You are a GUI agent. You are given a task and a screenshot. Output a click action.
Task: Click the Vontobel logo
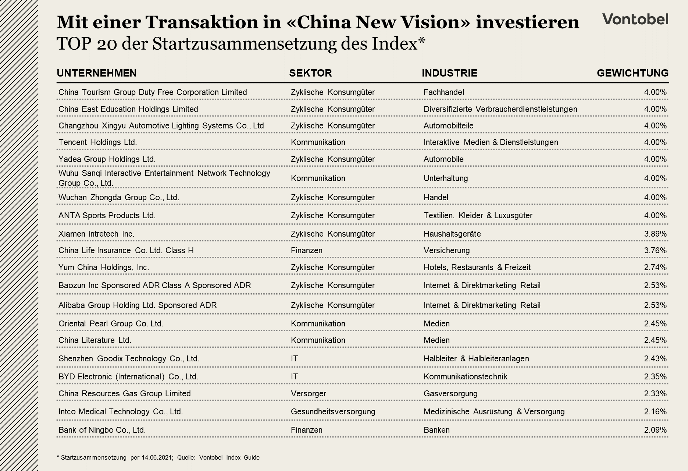pyautogui.click(x=635, y=19)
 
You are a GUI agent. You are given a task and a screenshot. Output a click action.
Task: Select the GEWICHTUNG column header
pyautogui.click(x=632, y=73)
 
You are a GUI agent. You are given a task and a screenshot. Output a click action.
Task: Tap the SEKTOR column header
pyautogui.click(x=310, y=73)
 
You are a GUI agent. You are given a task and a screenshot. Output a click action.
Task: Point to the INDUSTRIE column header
pyautogui.click(x=449, y=73)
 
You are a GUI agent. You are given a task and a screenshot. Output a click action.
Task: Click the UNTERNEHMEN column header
pyautogui.click(x=97, y=73)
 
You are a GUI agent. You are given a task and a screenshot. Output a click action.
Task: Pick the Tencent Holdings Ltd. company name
pyautogui.click(x=97, y=142)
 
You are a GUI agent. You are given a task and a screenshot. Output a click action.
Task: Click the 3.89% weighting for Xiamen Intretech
pyautogui.click(x=655, y=234)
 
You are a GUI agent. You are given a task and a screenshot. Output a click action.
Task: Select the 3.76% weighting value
pyautogui.click(x=655, y=251)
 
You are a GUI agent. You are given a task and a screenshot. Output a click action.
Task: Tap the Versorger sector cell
pyautogui.click(x=308, y=394)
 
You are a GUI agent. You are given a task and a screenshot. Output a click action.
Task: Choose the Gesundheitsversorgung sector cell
pyautogui.click(x=333, y=412)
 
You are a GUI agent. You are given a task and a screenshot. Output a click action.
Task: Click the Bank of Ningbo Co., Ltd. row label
pyautogui.click(x=102, y=430)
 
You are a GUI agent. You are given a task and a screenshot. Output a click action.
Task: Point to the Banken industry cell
pyautogui.click(x=436, y=430)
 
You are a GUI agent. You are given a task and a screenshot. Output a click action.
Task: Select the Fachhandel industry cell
pyautogui.click(x=443, y=92)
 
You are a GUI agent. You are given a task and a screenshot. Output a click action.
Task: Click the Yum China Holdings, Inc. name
pyautogui.click(x=104, y=268)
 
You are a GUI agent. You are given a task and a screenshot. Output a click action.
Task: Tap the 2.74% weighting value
pyautogui.click(x=655, y=268)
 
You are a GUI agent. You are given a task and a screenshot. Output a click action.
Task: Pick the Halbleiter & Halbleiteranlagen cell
pyautogui.click(x=476, y=359)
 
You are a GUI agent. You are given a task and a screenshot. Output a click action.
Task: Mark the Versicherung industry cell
pyautogui.click(x=446, y=251)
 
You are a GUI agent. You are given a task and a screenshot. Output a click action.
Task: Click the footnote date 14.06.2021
pyautogui.click(x=157, y=458)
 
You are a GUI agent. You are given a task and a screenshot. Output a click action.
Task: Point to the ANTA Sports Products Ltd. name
pyautogui.click(x=107, y=216)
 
